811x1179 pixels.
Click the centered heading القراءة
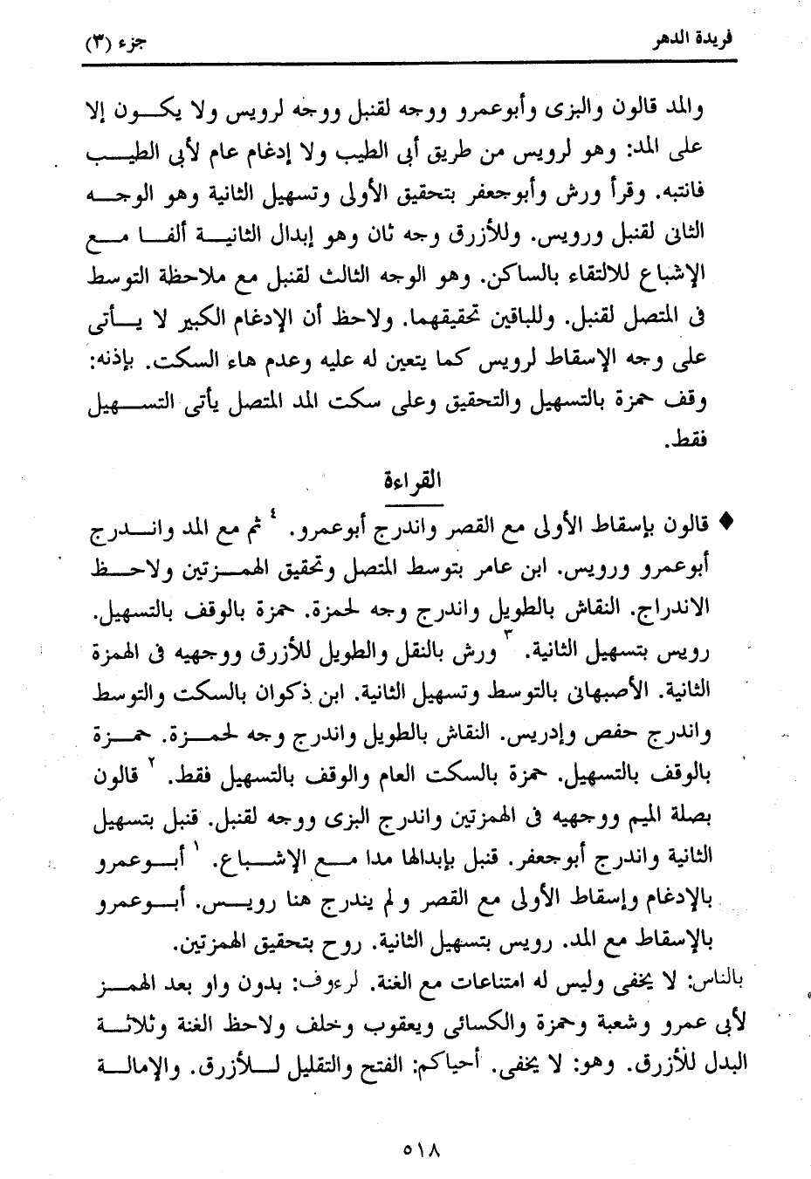pyautogui.click(x=413, y=482)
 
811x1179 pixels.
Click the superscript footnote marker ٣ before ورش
pyautogui.click(x=509, y=647)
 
